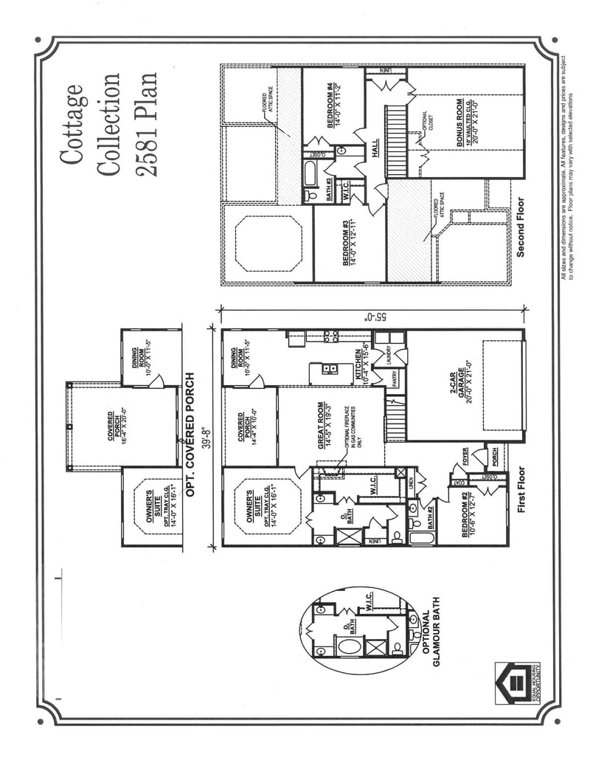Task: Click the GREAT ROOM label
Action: [x=322, y=426]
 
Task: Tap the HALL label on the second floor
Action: [x=376, y=151]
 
